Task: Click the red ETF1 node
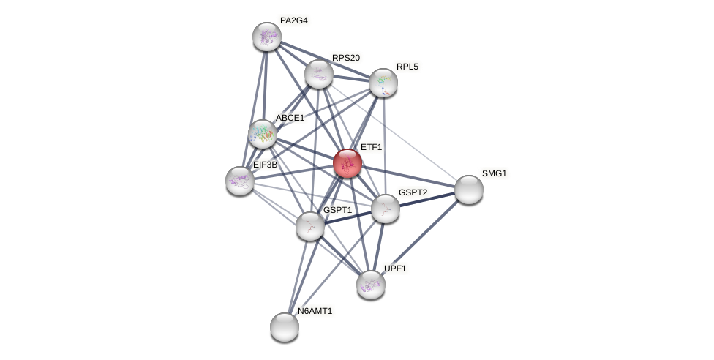347,163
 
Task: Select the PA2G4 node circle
267,37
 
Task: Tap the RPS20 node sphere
319,74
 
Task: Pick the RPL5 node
383,83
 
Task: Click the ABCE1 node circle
262,134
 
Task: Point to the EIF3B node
240,181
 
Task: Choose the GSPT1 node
310,226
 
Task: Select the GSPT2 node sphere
386,209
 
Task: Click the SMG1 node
469,190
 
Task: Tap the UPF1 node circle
371,285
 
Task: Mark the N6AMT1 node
285,327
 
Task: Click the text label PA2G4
294,20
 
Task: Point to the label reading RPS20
346,58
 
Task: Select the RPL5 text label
407,67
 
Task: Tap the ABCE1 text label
290,118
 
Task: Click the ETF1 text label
371,147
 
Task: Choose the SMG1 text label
495,173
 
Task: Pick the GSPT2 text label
413,192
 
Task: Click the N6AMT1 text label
315,311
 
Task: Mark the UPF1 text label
395,269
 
